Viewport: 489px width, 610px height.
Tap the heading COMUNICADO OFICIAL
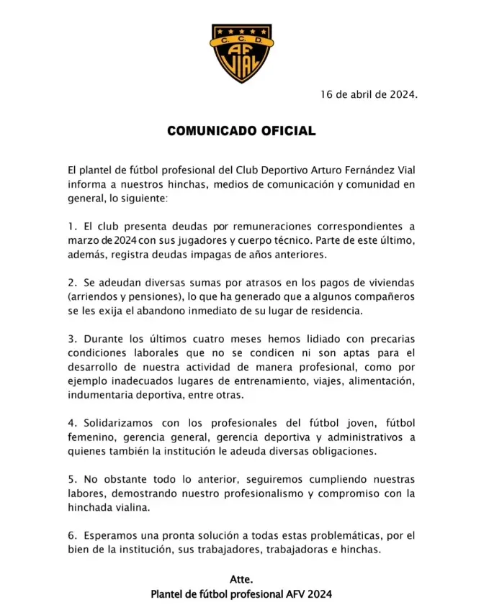pyautogui.click(x=241, y=131)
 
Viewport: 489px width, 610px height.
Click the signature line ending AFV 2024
pyautogui.click(x=241, y=594)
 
